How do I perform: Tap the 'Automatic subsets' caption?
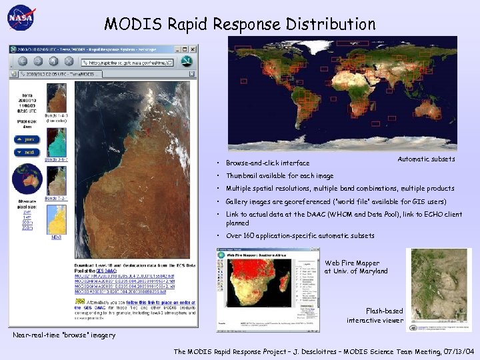coord(426,159)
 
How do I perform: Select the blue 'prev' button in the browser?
coord(29,139)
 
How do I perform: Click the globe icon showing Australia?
coord(27,178)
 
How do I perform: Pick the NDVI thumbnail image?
coord(56,217)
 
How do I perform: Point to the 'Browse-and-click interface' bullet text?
coord(267,163)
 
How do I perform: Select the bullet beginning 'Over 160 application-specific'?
coord(300,235)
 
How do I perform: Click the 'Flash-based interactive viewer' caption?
coord(375,315)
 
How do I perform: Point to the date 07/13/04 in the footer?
coord(460,351)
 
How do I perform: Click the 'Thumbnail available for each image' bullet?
coord(279,176)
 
